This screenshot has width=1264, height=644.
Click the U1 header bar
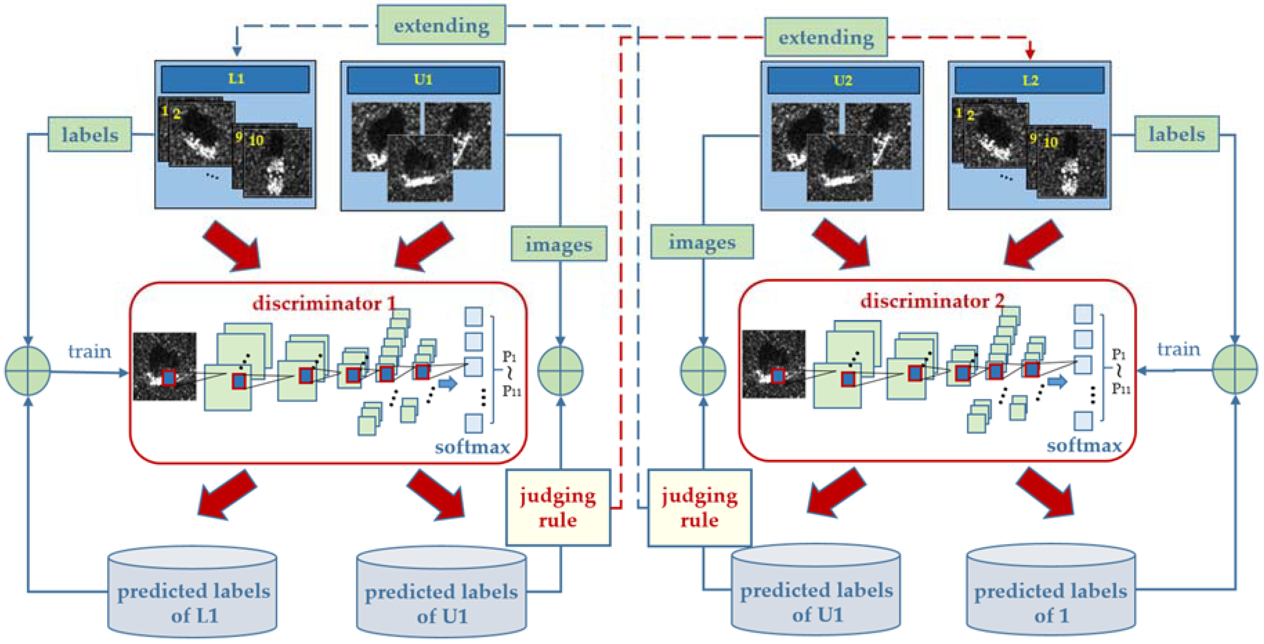point(423,79)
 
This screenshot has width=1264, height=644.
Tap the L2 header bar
point(1029,80)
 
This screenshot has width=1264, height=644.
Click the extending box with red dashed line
point(826,37)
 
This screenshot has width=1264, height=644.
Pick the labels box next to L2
point(1176,134)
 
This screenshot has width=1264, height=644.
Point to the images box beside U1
point(558,244)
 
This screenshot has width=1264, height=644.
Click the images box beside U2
point(702,242)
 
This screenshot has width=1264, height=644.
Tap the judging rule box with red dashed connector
point(558,508)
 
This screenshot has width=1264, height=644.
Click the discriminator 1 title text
point(324,303)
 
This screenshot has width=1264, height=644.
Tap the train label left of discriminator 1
point(89,351)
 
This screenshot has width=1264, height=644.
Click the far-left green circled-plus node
point(28,371)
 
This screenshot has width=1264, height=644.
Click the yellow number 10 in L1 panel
point(256,141)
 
